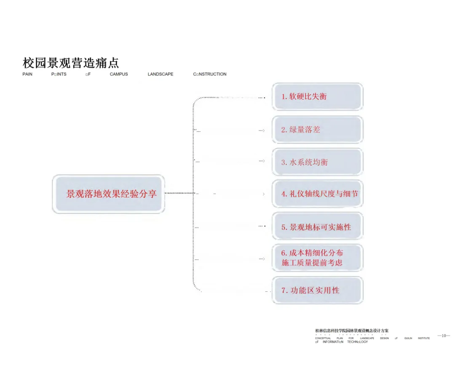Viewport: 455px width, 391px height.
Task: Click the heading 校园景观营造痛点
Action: (71, 63)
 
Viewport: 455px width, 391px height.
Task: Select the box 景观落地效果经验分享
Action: (109, 194)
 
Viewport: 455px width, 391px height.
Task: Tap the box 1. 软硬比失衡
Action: (317, 97)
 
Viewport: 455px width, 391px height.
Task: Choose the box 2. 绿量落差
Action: (317, 130)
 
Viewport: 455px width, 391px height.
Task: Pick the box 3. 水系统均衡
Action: (317, 162)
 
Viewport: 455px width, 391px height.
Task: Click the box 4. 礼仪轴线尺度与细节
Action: (317, 194)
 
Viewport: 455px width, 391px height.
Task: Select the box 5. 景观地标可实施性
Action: (317, 227)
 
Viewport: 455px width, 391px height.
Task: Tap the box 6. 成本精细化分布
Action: (312, 253)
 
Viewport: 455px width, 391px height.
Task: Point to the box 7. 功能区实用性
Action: (317, 290)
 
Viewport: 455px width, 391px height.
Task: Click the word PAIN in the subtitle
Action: (27, 74)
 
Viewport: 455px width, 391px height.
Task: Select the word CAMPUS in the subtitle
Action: (119, 74)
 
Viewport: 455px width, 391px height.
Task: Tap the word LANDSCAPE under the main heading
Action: (161, 74)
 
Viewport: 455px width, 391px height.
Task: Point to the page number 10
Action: (444, 335)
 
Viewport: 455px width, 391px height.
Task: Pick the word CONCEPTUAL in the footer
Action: (323, 338)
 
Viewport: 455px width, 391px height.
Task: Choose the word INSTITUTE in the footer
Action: (423, 338)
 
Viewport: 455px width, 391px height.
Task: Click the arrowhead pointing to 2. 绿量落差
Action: (263, 130)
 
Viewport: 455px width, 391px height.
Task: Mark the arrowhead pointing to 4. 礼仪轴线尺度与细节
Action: (263, 194)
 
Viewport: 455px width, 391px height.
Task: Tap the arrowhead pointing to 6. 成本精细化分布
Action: (263, 259)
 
